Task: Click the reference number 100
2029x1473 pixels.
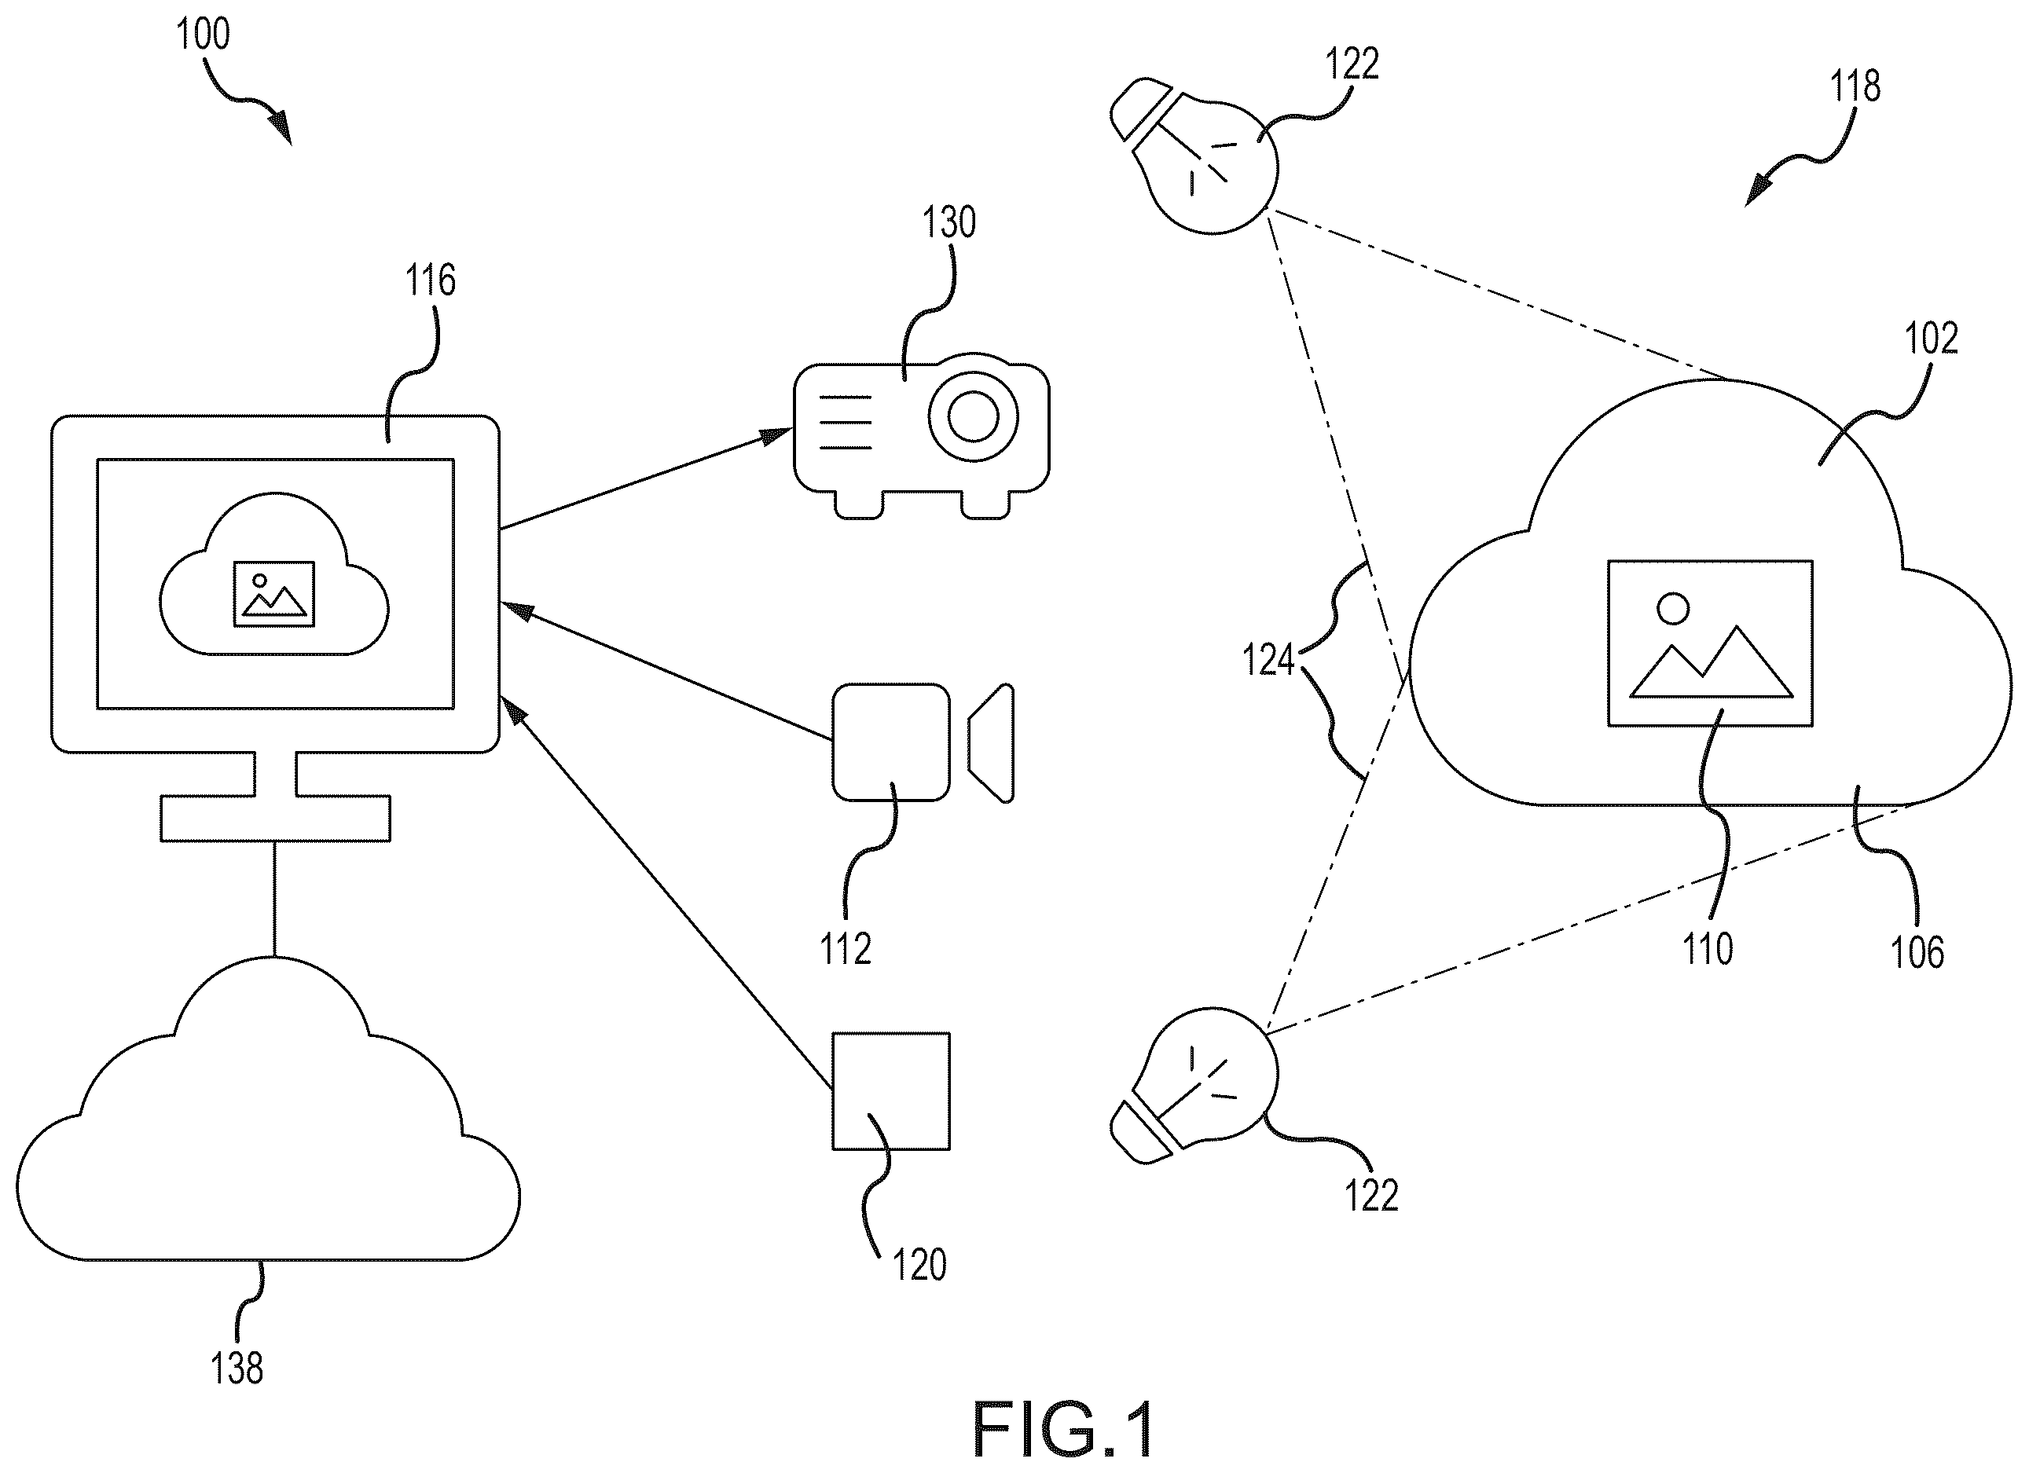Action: point(203,34)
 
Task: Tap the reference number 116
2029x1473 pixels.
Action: point(431,280)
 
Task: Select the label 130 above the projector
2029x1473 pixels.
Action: point(948,221)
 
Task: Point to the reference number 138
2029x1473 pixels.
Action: point(237,1368)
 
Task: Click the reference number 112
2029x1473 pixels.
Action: point(846,948)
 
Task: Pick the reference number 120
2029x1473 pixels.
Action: point(919,1265)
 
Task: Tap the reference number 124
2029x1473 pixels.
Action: point(1268,660)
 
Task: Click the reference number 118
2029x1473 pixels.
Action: point(1855,86)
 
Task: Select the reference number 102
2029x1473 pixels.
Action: point(1932,338)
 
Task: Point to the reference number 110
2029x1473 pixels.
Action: point(1708,948)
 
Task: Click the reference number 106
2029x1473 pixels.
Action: point(1917,951)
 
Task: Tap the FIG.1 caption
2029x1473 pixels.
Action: point(1064,1430)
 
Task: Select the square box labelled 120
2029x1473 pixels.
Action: point(891,1091)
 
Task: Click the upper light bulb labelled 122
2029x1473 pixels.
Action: point(1194,156)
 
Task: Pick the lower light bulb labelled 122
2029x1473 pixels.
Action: point(1194,1085)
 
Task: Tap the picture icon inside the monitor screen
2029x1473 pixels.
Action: point(273,594)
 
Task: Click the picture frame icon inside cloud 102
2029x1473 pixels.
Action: point(1711,643)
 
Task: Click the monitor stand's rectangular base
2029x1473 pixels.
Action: point(276,819)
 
